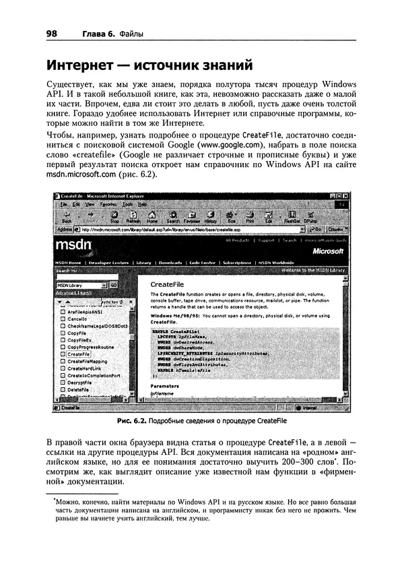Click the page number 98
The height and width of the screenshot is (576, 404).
tap(53, 34)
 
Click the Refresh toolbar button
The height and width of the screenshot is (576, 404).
tap(133, 217)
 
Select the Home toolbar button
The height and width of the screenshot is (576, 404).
tap(152, 217)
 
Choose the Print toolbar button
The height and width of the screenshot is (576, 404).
tap(250, 217)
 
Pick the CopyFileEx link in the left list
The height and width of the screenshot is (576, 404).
tap(79, 340)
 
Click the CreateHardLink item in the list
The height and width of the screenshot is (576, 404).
tap(83, 369)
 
